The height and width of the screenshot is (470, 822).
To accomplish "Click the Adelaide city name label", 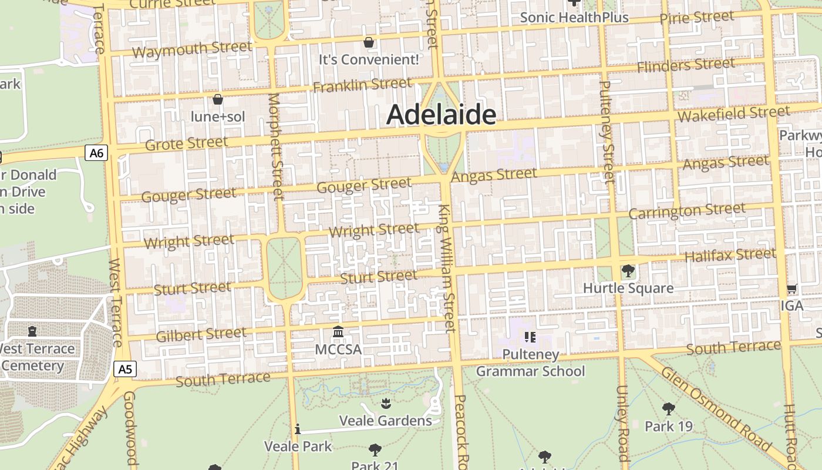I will (x=441, y=115).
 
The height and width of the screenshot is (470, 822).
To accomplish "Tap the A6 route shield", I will (x=97, y=153).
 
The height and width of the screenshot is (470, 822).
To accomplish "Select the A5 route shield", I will (x=125, y=369).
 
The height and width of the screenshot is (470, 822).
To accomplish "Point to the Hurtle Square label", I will (x=628, y=288).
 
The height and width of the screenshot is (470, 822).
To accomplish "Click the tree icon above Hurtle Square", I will (x=628, y=271).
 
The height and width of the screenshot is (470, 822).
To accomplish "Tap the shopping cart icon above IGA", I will (x=791, y=289).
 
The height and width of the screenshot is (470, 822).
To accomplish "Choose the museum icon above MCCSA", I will (x=338, y=333).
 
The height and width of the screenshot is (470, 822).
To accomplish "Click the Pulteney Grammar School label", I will (x=530, y=363).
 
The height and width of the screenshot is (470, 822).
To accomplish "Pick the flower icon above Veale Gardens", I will (x=386, y=403).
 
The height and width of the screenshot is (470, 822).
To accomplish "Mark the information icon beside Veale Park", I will (x=298, y=429).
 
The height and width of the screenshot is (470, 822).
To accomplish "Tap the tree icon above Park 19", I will (x=668, y=409).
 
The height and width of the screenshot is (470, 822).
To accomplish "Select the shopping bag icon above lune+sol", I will (x=218, y=99).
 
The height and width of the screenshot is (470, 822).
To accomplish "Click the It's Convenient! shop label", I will (x=369, y=59).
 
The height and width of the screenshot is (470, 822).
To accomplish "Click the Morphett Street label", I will (x=275, y=147).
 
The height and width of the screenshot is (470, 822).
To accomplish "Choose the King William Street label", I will (x=448, y=267).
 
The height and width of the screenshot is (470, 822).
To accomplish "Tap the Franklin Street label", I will (x=362, y=86).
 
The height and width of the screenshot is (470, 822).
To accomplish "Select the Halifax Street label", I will (x=730, y=256).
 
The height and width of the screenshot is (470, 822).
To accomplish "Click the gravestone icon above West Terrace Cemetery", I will (x=32, y=331).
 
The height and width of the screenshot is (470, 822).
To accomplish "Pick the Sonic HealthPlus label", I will (x=574, y=18).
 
